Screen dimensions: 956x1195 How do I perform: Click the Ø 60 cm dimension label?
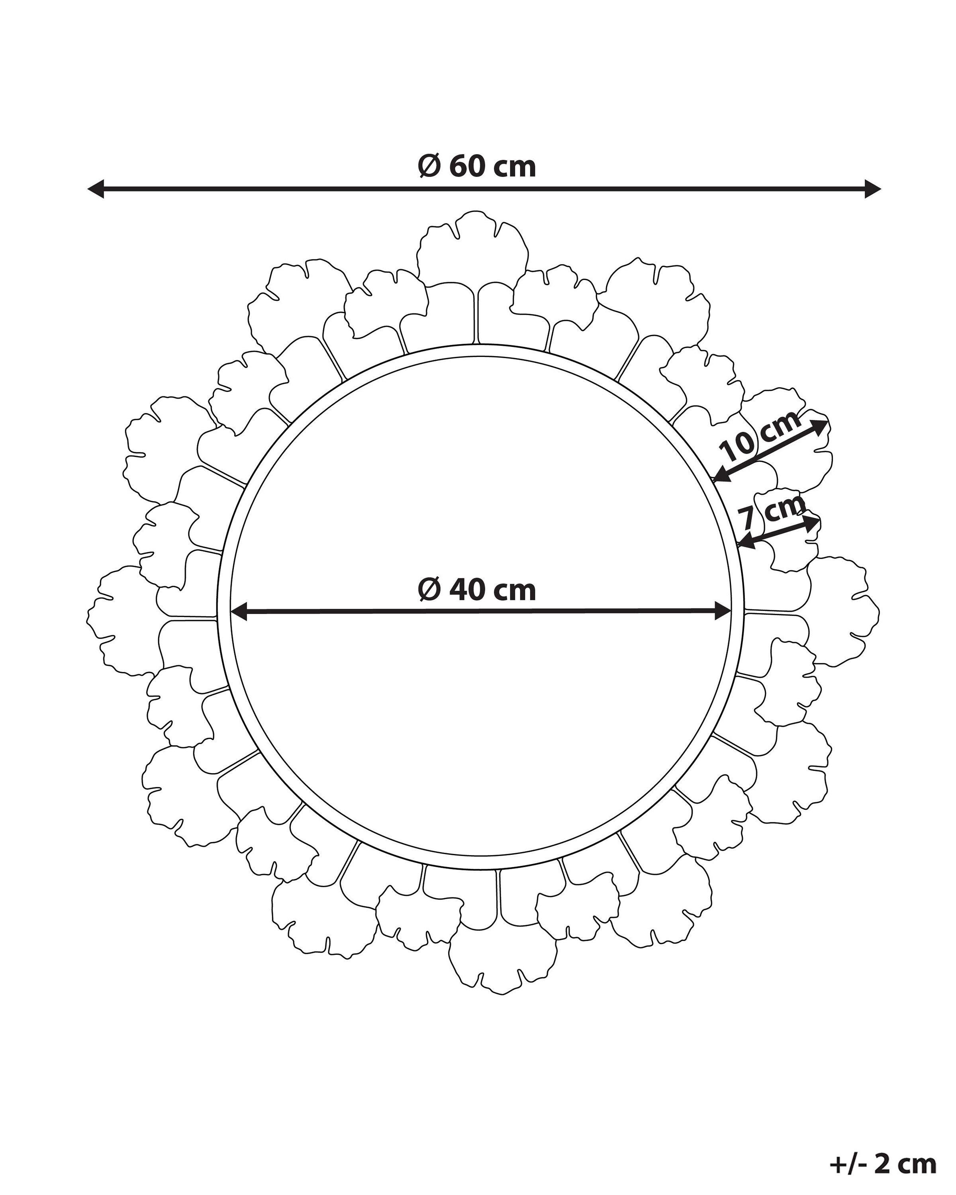coord(477,166)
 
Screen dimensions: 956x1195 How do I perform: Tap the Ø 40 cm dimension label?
coord(477,590)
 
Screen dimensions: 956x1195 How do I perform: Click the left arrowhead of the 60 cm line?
coord(95,189)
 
